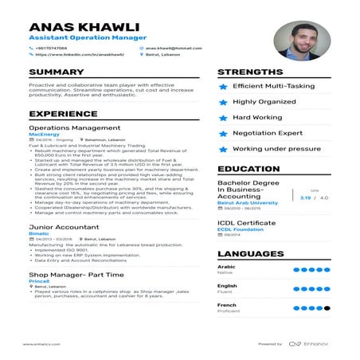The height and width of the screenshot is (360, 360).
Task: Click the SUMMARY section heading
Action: (x=57, y=72)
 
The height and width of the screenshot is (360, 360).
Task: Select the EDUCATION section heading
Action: (x=248, y=169)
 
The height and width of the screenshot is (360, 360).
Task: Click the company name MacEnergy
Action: (x=44, y=135)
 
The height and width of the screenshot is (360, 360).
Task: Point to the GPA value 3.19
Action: (x=305, y=197)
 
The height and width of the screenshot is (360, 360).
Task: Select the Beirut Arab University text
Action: (x=247, y=202)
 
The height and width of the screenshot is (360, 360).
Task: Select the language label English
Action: (x=227, y=285)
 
